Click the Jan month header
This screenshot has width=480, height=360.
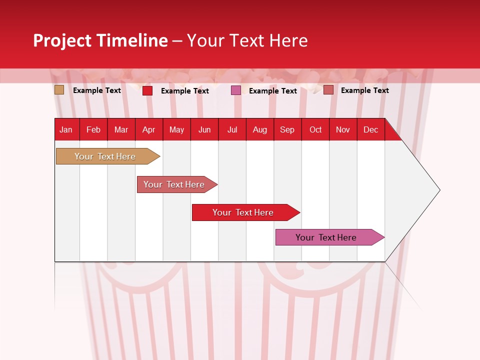pos(66,130)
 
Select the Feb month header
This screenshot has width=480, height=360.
pos(93,130)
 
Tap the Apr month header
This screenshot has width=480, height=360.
pos(148,130)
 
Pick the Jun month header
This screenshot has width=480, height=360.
pos(204,130)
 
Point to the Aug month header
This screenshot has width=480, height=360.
pos(259,130)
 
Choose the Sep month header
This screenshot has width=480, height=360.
pos(287,130)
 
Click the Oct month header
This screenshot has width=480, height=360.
pos(315,130)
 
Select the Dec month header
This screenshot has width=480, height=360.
pos(370,130)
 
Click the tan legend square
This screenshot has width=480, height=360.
pos(59,90)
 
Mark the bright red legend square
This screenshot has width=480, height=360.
pos(147,90)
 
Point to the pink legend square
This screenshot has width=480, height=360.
pos(236,90)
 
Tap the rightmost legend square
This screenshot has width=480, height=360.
pos(328,90)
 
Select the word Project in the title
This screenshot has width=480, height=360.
pos(61,40)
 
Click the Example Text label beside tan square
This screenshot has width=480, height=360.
pos(97,90)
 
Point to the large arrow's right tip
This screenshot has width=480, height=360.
pos(439,190)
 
